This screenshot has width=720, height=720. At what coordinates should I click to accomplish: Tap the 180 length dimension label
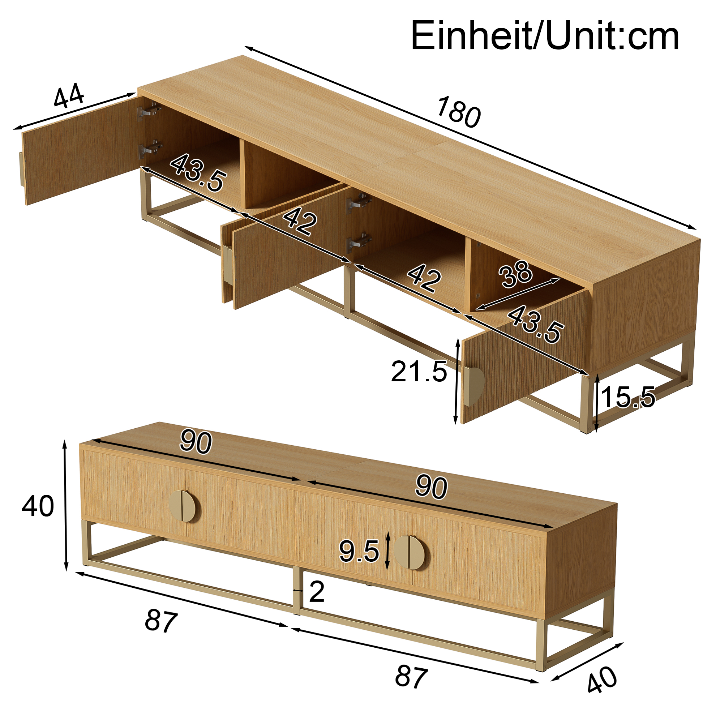(458, 112)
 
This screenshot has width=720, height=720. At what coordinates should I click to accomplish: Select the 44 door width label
(69, 95)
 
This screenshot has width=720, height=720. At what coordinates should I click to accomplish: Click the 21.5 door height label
(419, 372)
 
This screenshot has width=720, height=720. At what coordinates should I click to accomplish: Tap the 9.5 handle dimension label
(359, 551)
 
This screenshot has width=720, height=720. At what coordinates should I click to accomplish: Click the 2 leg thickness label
(317, 592)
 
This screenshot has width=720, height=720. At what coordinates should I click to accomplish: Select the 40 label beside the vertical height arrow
(38, 506)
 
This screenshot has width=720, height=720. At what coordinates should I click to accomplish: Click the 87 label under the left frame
(161, 621)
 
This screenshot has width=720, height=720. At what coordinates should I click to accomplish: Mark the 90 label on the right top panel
(431, 487)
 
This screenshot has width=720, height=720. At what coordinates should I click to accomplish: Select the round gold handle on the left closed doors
(184, 506)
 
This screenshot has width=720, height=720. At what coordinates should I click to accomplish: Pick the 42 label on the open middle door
(300, 222)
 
